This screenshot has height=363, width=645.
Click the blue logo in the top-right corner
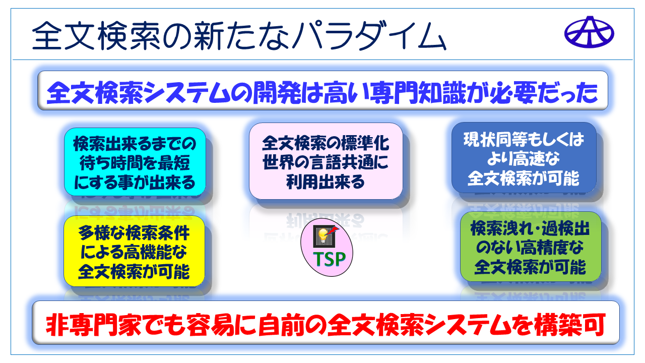tap(589, 32)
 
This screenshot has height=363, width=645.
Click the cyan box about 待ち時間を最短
tap(135, 162)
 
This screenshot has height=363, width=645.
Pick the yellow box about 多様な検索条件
tap(134, 251)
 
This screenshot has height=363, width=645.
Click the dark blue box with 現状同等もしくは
tap(524, 158)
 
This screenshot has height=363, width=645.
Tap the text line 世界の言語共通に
tap(326, 162)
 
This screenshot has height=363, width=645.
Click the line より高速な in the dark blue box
tap(524, 159)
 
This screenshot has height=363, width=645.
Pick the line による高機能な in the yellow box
tap(134, 252)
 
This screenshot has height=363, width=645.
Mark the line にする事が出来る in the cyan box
tap(135, 182)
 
